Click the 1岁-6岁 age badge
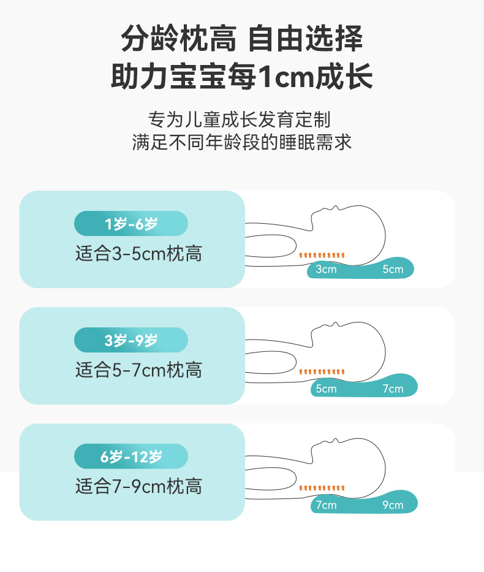coord(130,224)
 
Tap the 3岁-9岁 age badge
coord(130,340)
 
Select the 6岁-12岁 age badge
coord(130,457)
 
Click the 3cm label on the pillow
coord(326,270)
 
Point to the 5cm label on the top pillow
coord(393,270)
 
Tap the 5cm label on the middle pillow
coord(326,389)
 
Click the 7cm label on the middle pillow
coord(393,389)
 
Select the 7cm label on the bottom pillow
coord(326,505)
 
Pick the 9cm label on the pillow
coord(393,505)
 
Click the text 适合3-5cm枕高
coord(138,254)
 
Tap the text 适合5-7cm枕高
coord(138,370)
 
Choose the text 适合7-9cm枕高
coord(138,487)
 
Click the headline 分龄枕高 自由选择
coord(242,39)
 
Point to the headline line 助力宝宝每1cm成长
coord(242,78)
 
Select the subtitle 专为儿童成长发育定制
coord(242,118)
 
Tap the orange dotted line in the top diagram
coord(322,255)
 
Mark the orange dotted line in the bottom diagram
coord(322,489)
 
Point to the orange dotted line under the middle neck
coord(322,372)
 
